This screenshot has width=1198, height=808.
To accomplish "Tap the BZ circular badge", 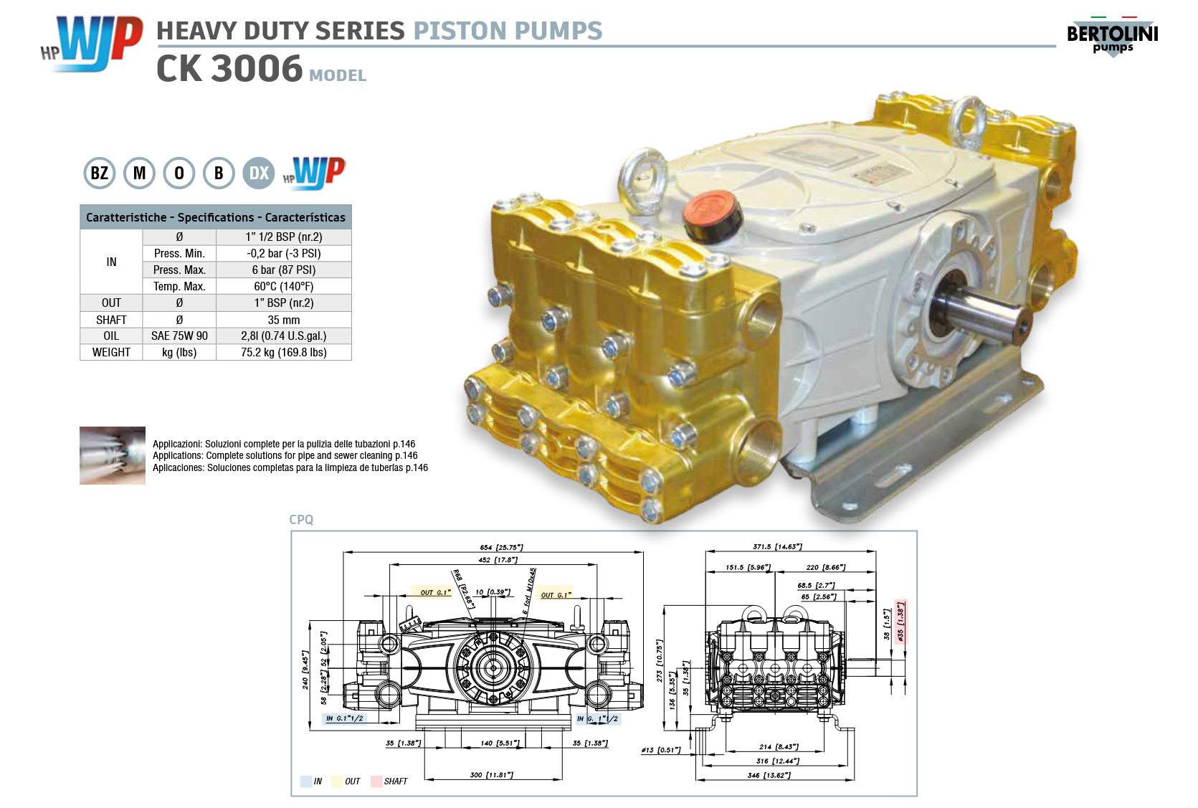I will [x=100, y=173].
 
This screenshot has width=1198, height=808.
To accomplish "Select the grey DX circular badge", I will [x=259, y=173].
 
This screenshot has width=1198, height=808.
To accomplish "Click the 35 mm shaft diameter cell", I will [x=284, y=320].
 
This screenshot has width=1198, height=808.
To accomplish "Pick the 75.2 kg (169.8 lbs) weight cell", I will [x=284, y=352].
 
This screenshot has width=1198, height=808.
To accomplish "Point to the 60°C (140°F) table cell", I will [x=284, y=286].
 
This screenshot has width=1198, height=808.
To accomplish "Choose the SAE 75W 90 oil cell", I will [x=179, y=336].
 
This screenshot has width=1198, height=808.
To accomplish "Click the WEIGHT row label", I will [x=111, y=352].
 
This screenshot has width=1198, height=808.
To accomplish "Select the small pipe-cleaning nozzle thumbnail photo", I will [x=113, y=455].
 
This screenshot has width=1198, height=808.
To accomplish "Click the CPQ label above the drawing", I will [x=301, y=520].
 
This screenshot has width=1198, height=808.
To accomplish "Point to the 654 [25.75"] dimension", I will [x=501, y=547].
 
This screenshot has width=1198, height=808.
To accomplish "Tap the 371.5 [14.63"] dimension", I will [x=777, y=546].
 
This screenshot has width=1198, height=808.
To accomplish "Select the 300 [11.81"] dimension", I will [x=491, y=775].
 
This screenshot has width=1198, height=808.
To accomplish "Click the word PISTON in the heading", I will [x=460, y=31].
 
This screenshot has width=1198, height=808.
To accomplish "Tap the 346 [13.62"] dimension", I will [x=769, y=775].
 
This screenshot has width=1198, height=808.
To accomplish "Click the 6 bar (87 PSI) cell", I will [x=284, y=270].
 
